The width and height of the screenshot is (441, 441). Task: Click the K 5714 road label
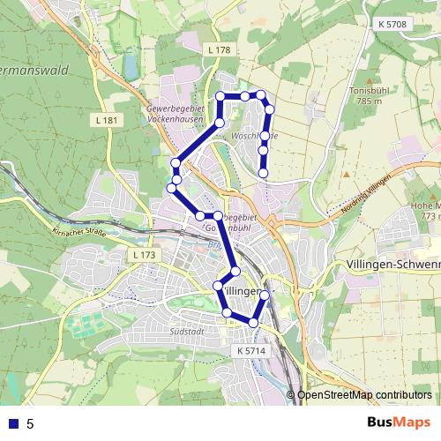pos(250,351)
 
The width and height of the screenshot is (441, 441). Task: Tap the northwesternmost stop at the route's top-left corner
pos(220,96)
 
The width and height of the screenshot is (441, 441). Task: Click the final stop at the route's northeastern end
pos(264,174)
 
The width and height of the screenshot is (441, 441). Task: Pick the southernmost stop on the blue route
pos(254,324)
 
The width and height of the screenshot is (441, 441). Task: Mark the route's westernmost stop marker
pos(171,188)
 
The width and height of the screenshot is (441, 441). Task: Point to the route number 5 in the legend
pos(30,423)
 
